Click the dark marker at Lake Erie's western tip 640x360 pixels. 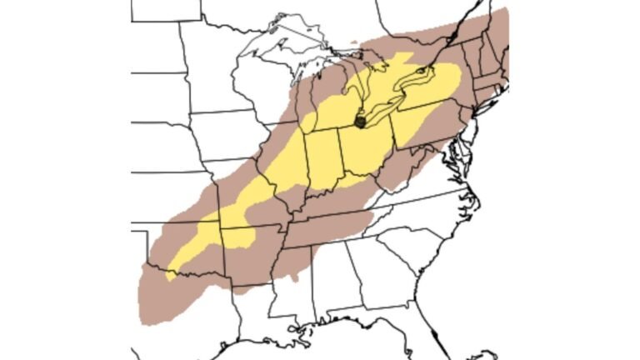[360, 122]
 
